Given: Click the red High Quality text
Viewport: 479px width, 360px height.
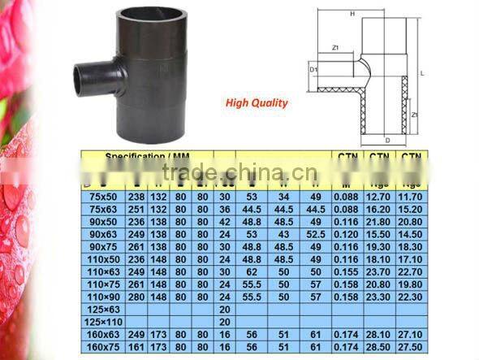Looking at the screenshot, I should (257, 103).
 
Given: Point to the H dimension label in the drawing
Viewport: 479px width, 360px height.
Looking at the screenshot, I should (352, 14).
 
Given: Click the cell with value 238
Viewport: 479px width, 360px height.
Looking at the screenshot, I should (137, 197).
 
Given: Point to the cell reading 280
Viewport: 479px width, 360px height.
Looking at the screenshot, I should (137, 297).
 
